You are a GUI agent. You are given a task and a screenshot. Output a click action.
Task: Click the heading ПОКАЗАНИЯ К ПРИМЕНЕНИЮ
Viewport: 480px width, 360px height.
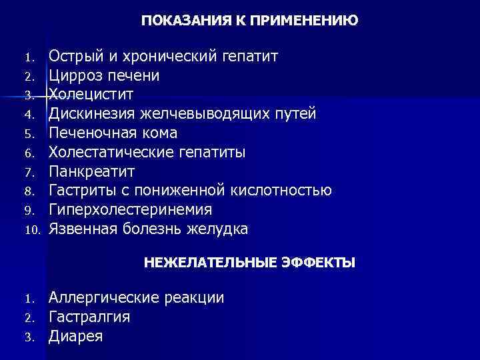click(x=249, y=21)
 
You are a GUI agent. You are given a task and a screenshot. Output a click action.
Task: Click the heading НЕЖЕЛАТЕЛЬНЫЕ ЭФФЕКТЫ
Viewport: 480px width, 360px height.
click(x=249, y=263)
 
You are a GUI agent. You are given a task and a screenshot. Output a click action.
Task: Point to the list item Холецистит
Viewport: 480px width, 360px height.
click(x=91, y=94)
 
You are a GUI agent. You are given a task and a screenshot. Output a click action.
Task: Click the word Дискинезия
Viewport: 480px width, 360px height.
click(x=91, y=113)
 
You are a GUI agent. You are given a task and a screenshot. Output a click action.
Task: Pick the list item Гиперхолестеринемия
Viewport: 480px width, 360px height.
click(x=131, y=210)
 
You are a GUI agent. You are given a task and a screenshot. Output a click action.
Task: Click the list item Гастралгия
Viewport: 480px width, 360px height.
click(x=89, y=317)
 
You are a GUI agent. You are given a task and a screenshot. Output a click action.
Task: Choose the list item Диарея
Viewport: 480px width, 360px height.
click(x=75, y=337)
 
